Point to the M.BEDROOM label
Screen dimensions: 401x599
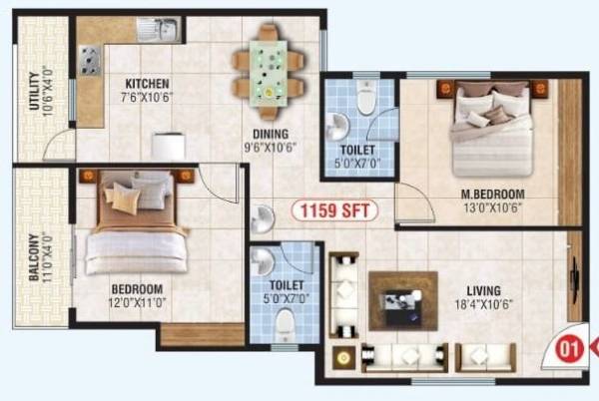(486, 194)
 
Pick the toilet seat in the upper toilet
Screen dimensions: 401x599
(364, 100)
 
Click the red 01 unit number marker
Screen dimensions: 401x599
(569, 349)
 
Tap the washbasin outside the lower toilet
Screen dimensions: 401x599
(262, 217)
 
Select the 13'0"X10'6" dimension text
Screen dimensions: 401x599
(486, 207)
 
